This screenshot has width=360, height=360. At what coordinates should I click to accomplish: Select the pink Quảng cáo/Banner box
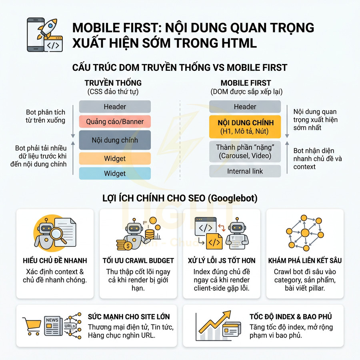coord(115,121)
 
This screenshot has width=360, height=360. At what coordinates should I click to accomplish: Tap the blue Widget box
coord(115,174)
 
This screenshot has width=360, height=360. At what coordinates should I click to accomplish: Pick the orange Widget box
coord(115,159)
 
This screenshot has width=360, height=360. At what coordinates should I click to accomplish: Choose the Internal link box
coord(245,171)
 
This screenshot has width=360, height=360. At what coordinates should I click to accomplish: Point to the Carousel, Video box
coord(245,152)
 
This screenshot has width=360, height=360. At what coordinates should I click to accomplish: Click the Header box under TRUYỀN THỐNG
coord(115,107)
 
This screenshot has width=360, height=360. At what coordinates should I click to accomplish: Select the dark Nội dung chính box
coord(115,140)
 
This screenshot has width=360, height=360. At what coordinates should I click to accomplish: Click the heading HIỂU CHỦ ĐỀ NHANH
coord(55,261)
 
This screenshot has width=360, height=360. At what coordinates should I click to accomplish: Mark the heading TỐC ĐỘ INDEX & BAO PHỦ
coord(290,317)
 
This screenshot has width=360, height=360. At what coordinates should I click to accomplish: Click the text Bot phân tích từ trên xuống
coord(46,116)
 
